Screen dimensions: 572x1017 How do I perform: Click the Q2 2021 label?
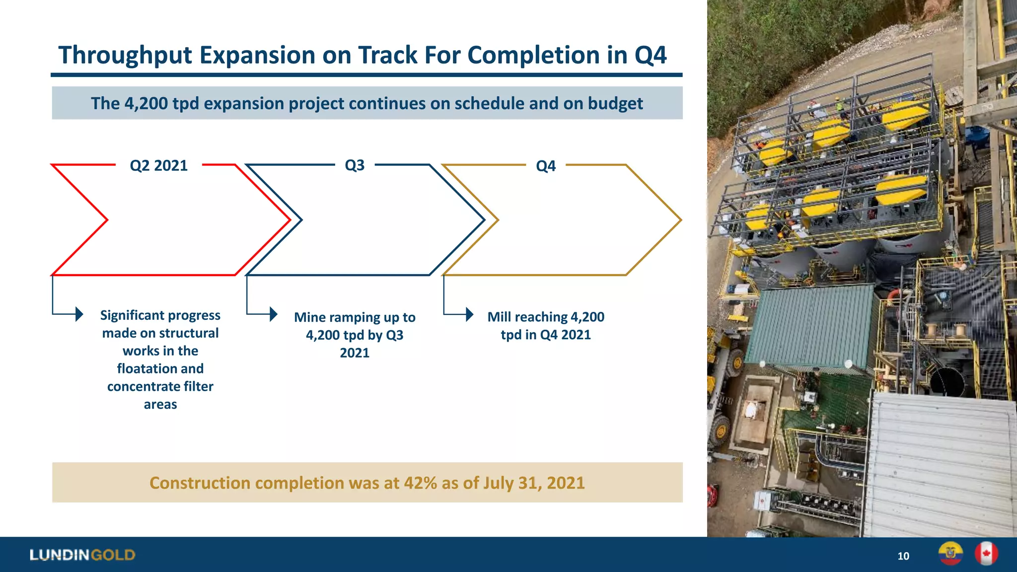tap(158, 165)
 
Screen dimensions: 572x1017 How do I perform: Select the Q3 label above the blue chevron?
tap(355, 165)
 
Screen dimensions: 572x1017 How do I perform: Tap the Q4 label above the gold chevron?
tap(545, 166)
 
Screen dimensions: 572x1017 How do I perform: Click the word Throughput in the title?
tap(125, 55)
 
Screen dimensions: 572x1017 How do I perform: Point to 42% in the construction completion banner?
tap(420, 483)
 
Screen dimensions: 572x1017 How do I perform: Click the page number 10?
tap(903, 556)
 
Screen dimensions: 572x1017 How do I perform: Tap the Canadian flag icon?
tap(986, 554)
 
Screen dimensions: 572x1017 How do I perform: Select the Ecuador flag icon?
tap(950, 554)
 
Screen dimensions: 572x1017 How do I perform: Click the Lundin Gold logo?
tap(82, 555)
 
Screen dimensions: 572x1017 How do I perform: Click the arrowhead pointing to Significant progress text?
tap(79, 314)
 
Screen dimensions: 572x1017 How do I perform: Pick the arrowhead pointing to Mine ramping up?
tap(273, 314)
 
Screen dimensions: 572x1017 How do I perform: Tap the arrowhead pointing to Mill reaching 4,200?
tap(470, 314)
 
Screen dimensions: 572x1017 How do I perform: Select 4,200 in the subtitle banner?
tap(146, 103)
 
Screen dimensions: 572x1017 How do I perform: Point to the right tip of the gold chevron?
tap(680, 220)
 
